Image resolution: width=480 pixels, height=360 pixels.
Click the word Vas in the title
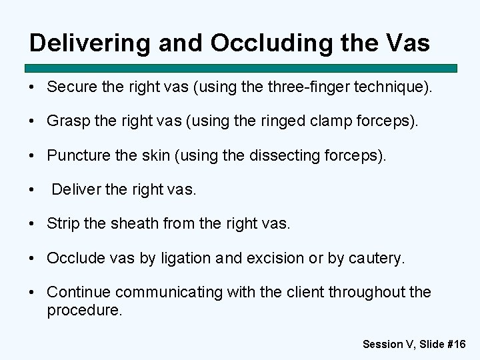point(407,43)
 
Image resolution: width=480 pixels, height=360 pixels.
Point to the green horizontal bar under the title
point(241,68)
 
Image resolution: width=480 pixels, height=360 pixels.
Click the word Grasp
point(66,121)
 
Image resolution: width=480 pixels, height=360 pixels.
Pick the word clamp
point(345,121)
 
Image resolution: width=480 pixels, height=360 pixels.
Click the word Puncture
point(75,155)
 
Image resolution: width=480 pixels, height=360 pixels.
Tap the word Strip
point(63,224)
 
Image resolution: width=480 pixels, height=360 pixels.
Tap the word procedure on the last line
point(84,310)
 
